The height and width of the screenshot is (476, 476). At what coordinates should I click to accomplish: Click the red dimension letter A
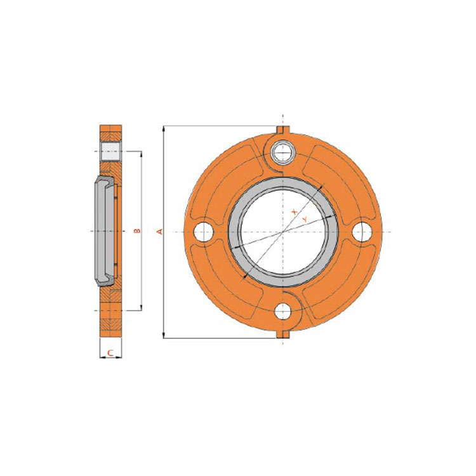pos(159,232)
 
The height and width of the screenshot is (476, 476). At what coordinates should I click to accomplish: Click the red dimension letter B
pos(137,231)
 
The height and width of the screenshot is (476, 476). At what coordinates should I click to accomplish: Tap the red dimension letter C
pos(110,353)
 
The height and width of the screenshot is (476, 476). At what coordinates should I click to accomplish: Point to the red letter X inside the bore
pos(294,211)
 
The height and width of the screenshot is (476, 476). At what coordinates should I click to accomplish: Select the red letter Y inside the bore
pos(305,219)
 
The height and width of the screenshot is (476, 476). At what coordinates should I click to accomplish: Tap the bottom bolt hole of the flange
pos(283,311)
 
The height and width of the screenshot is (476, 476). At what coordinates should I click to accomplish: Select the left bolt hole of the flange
pos(203,232)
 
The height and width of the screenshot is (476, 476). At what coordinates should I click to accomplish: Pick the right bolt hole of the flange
pos(362,232)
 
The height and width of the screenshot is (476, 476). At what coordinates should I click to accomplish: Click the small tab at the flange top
pos(283,129)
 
